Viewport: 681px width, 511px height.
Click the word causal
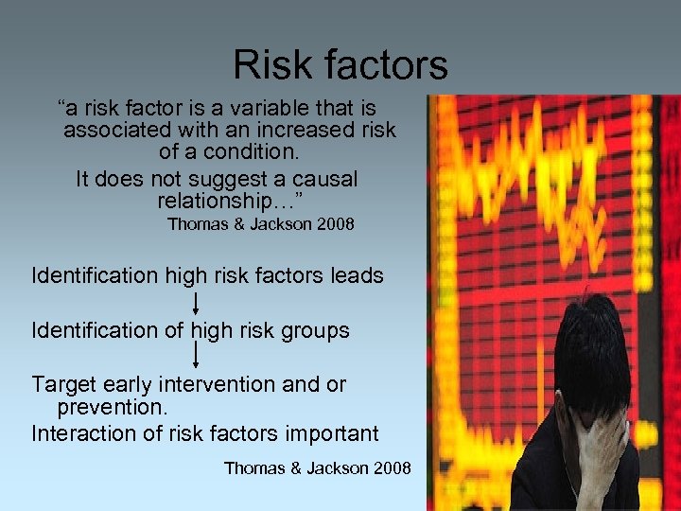[323, 179]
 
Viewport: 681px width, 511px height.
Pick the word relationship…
[228, 201]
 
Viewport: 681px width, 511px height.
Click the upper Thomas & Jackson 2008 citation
[260, 224]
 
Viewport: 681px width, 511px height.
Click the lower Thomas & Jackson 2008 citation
[317, 467]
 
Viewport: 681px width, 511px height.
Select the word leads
[358, 276]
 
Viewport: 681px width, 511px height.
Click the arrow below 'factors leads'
[195, 304]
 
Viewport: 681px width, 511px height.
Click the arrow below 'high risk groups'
[195, 355]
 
